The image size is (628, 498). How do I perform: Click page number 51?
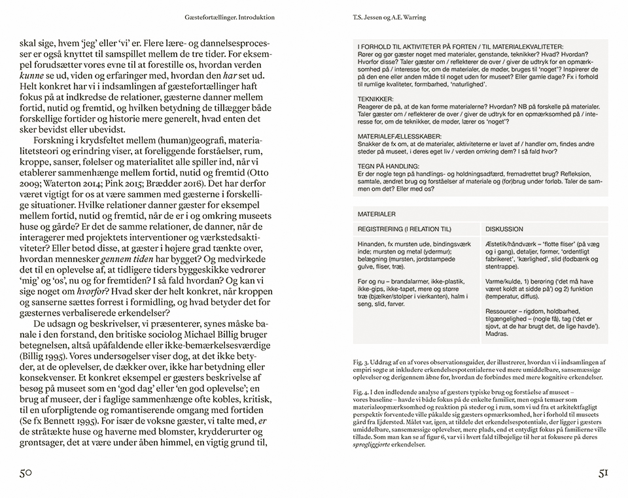coord(603,473)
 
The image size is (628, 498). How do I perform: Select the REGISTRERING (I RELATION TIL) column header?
coord(404,229)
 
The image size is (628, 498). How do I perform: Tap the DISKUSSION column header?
coord(505,229)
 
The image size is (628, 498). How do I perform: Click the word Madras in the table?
coord(498,334)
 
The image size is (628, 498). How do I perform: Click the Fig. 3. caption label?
coord(360,361)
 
